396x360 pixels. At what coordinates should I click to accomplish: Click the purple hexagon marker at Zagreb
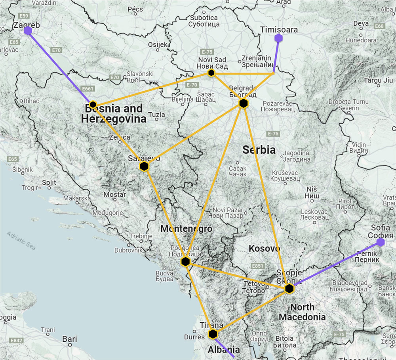pos(28,31)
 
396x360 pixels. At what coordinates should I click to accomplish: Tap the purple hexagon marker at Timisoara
pos(279,38)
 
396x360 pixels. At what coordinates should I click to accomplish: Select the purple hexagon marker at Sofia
pos(381,242)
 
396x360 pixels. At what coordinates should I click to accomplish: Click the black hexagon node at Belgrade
pos(244,103)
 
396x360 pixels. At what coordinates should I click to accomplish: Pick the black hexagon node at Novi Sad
pos(211,73)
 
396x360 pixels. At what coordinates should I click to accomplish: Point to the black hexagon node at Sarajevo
pos(144,166)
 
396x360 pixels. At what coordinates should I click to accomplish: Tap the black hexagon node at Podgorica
pos(185,261)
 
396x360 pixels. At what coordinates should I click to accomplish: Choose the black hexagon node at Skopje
pos(289,289)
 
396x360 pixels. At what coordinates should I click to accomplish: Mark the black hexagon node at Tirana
pos(213,334)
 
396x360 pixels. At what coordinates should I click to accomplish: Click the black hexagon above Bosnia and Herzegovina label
pos(93,104)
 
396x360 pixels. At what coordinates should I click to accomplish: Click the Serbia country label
pos(259,150)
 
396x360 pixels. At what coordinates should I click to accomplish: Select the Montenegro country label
pos(186,229)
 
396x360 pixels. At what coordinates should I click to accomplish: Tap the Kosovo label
pos(264,249)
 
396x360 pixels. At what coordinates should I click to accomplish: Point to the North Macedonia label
pos(302,312)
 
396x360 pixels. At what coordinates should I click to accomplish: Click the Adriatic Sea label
pos(21,240)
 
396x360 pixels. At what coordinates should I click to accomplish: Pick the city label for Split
pos(49,182)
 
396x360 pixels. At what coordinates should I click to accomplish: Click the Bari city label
pos(70,339)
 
